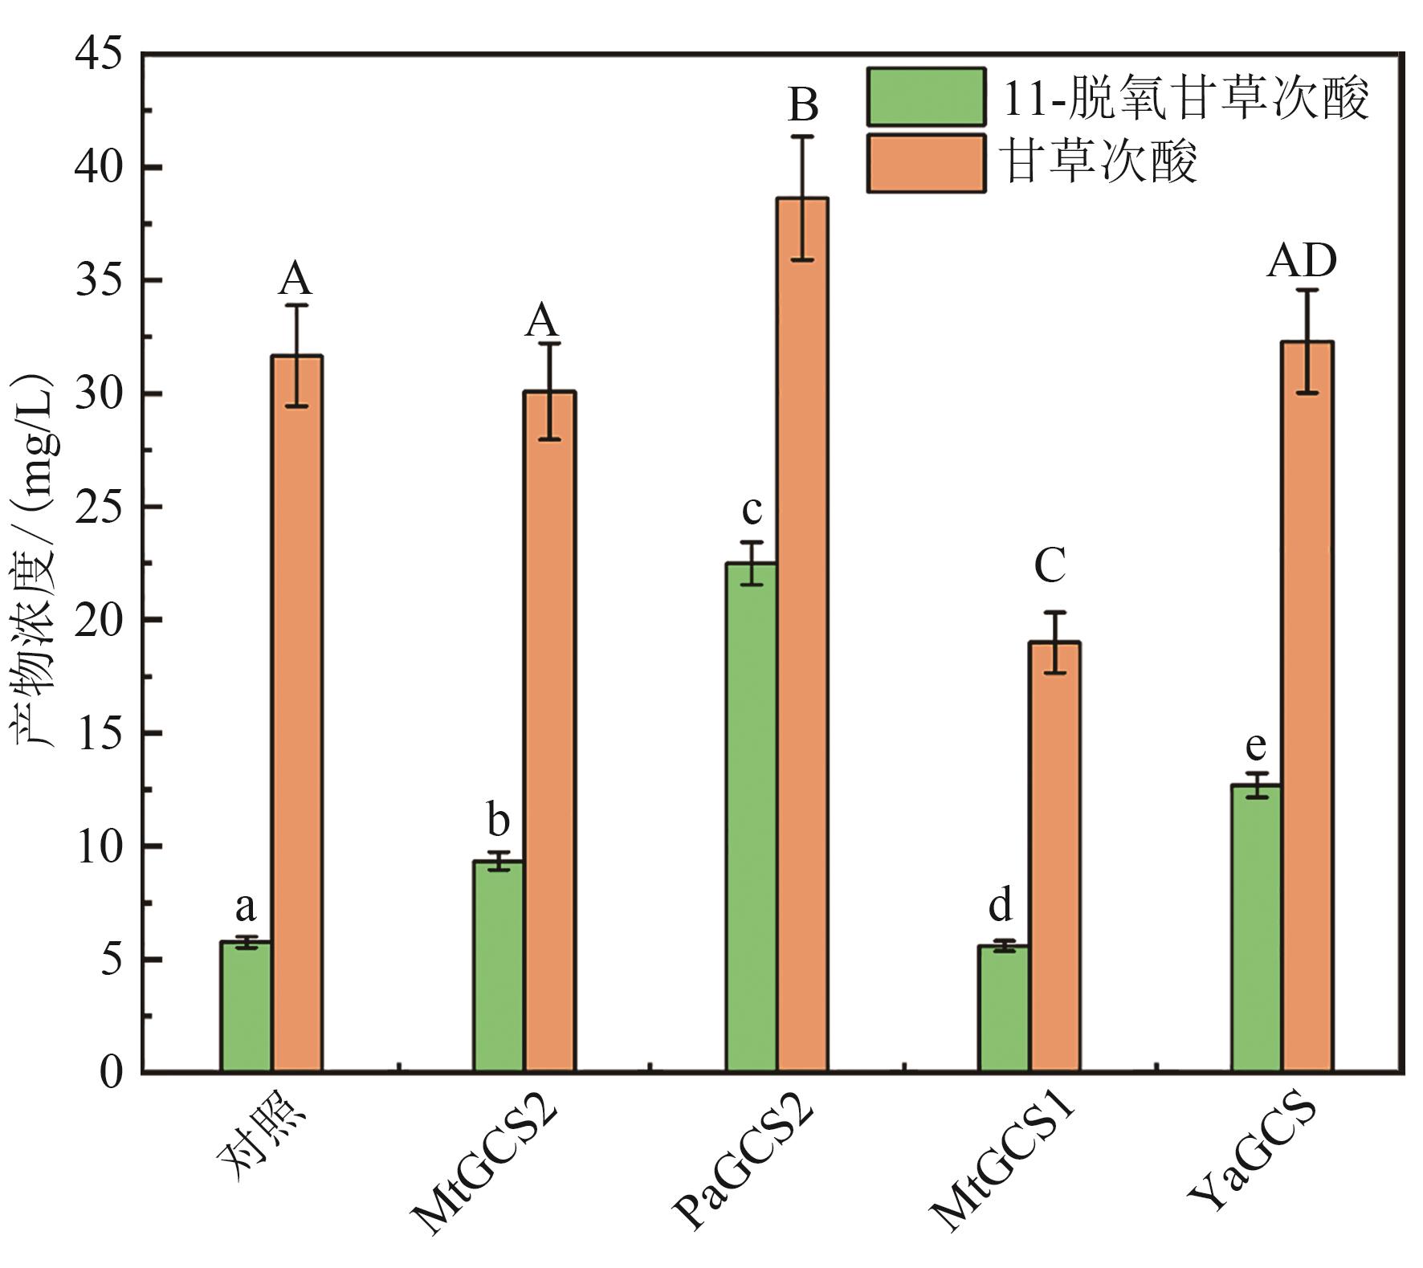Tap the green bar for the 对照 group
tap(246, 1007)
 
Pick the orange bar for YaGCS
tap(1307, 707)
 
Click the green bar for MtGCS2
tap(498, 967)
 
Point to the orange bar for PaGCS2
tap(802, 634)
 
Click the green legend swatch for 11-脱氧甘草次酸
tap(926, 97)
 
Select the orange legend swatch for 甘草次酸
tap(926, 163)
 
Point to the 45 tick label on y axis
tap(99, 55)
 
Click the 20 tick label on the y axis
tap(99, 621)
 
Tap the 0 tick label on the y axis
tap(112, 1073)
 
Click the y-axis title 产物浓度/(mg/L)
tap(34, 562)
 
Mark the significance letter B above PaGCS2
tap(802, 104)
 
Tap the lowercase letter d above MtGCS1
tap(1001, 906)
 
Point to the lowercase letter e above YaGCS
tap(1255, 746)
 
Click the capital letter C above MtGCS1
tap(1050, 566)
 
